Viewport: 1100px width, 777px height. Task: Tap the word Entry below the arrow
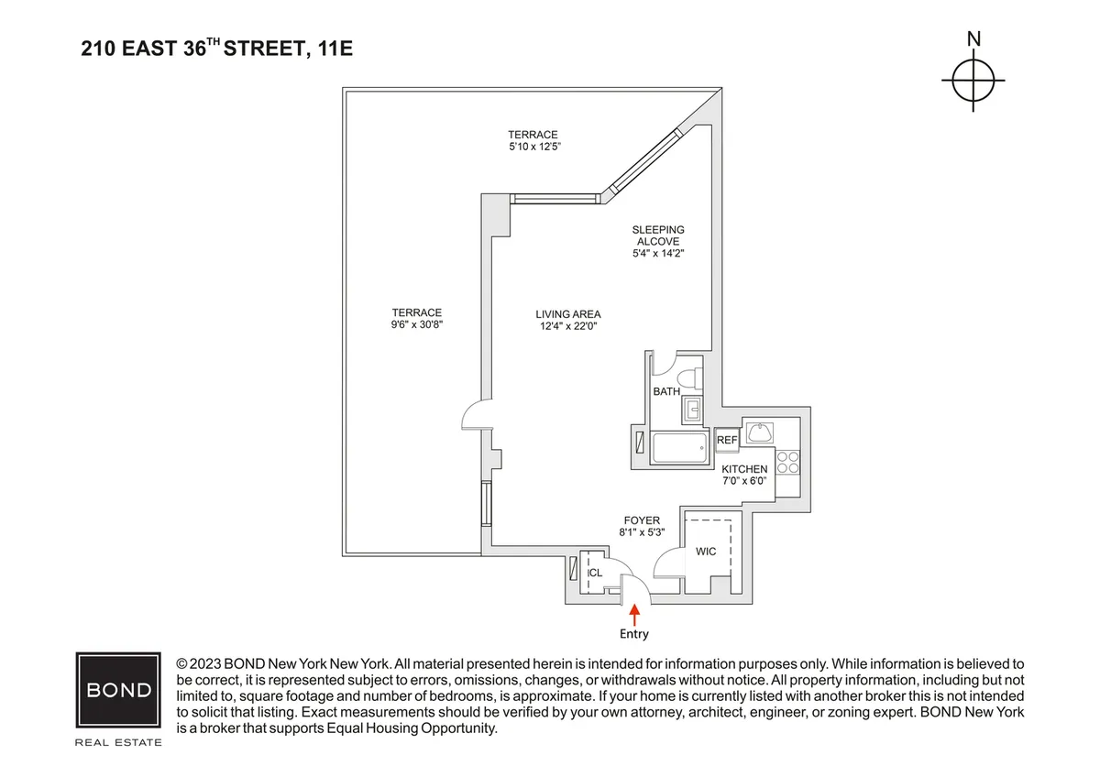click(633, 634)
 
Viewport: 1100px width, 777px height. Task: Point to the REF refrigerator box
click(727, 441)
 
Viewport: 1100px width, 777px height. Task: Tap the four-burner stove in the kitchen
click(786, 462)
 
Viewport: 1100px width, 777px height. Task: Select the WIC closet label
click(706, 552)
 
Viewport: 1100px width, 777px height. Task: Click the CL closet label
click(595, 573)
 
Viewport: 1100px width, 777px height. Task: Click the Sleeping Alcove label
click(657, 235)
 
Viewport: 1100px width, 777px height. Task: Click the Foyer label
click(640, 520)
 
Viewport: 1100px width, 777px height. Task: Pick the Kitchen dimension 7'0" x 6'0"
click(743, 481)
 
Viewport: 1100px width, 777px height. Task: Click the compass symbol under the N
click(973, 81)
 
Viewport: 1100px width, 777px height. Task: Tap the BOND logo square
click(118, 690)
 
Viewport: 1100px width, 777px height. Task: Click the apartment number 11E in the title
click(335, 49)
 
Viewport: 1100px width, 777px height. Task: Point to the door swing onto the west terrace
click(475, 419)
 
